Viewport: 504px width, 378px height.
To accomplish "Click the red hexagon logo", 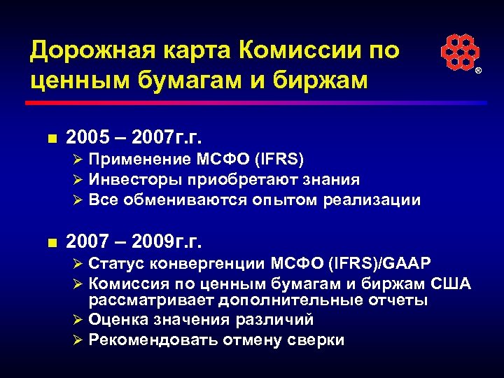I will pos(460,52).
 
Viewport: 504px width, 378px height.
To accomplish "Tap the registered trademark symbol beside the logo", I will pos(479,72).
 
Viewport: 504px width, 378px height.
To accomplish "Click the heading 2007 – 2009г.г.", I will pos(134,242).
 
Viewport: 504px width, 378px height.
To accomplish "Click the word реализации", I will pos(372,200).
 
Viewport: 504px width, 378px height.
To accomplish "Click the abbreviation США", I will pos(449,283).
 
